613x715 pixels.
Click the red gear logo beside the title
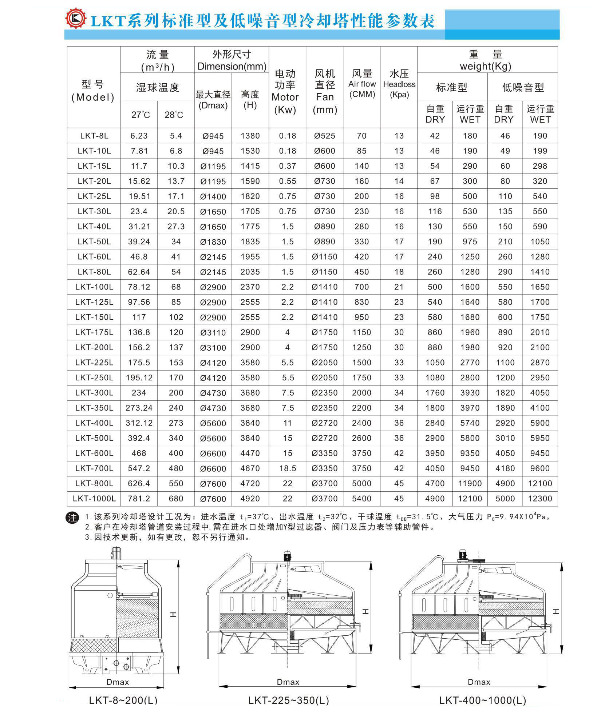(76, 19)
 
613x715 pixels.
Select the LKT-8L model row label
(94, 136)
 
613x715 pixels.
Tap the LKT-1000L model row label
(94, 499)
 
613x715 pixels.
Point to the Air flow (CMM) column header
(361, 84)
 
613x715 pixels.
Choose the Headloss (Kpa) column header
(399, 84)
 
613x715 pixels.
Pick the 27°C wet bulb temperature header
(140, 115)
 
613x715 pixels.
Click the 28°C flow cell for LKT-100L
(176, 287)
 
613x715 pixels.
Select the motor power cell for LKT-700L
(287, 468)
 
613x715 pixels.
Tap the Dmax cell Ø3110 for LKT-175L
(213, 332)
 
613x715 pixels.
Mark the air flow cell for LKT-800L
(361, 484)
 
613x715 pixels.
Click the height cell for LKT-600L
(250, 454)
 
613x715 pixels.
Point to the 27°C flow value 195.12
(139, 378)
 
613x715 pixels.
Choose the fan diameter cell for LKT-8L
(324, 136)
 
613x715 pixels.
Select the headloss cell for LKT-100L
(399, 287)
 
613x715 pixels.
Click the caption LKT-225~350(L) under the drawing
(288, 700)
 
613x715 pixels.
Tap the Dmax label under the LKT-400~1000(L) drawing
(479, 682)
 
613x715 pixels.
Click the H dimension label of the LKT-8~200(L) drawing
(173, 614)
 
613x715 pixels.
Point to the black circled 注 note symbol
(72, 518)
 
